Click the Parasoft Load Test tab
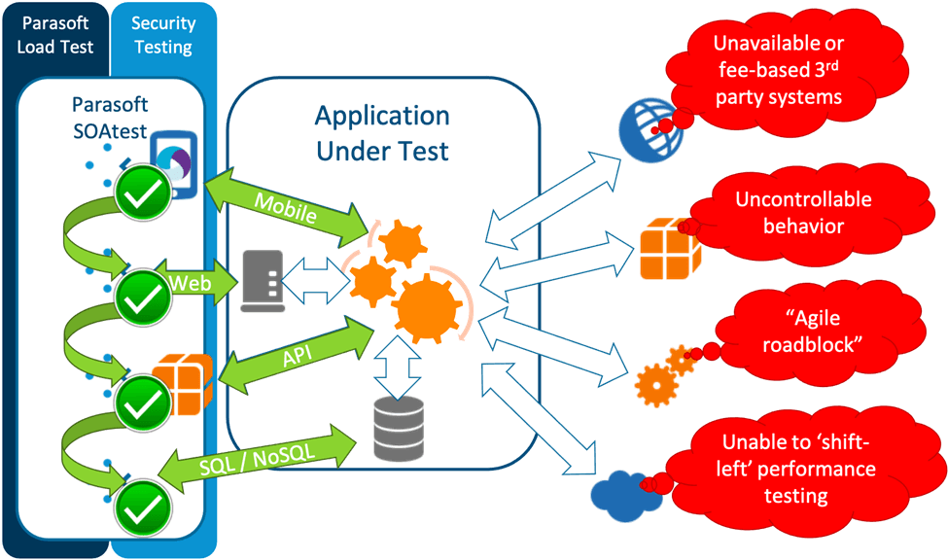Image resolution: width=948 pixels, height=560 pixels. [x=55, y=34]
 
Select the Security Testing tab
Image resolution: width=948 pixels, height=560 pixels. [x=162, y=34]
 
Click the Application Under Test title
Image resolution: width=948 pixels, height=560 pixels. [x=382, y=133]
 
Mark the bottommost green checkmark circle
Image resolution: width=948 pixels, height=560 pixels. [x=142, y=503]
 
